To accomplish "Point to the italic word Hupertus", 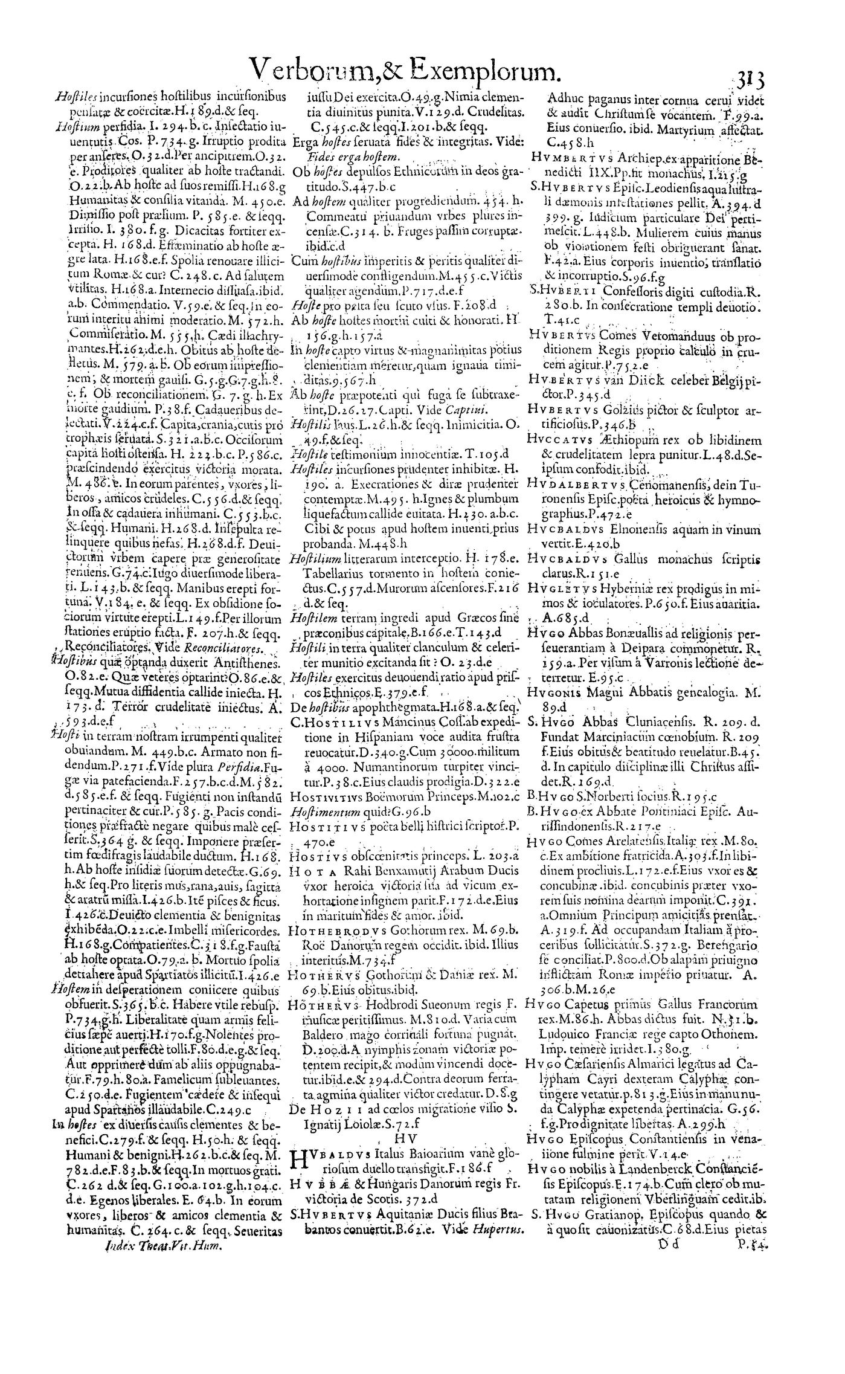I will pyautogui.click(x=504, y=1343).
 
